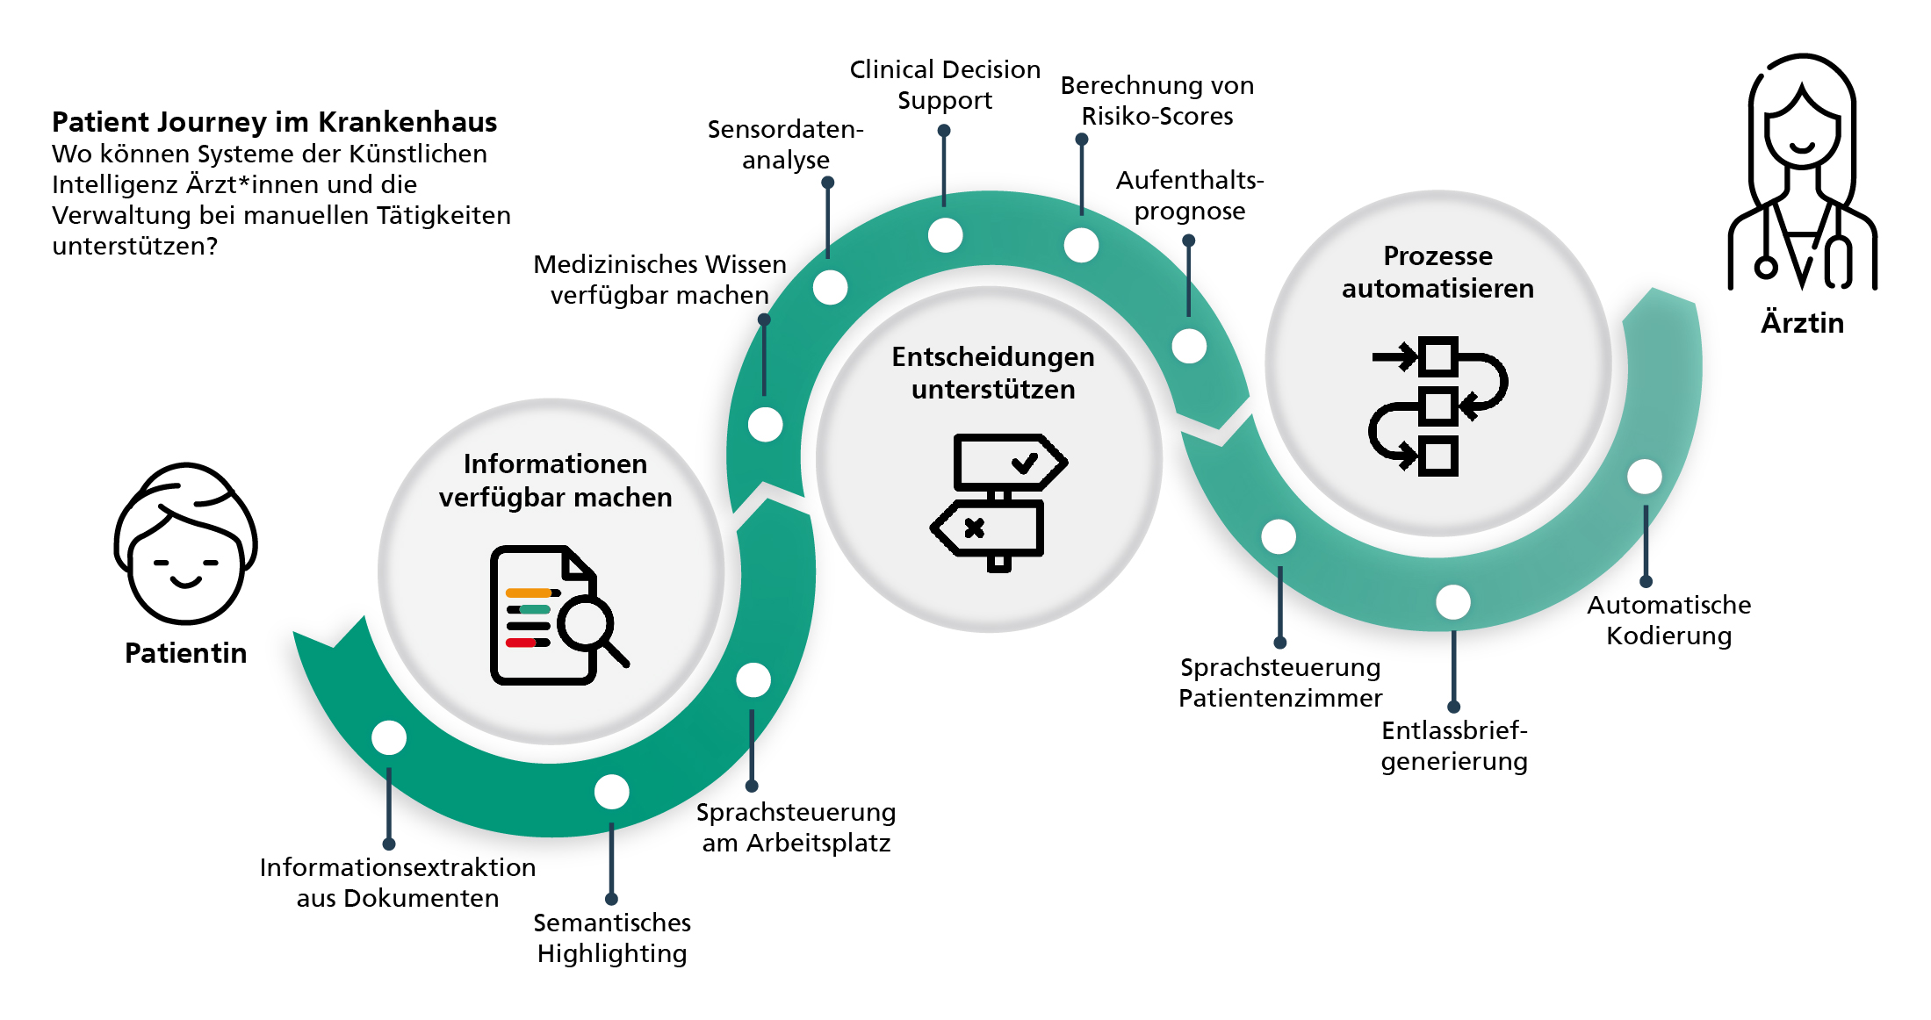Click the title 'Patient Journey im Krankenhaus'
pyautogui.click(x=274, y=122)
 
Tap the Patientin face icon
pyautogui.click(x=185, y=544)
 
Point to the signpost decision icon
pyautogui.click(x=998, y=501)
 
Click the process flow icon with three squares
pyautogui.click(x=1437, y=406)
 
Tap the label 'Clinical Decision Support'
pyautogui.click(x=945, y=85)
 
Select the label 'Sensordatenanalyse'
pyautogui.click(x=786, y=145)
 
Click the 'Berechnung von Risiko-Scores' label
pyautogui.click(x=1157, y=101)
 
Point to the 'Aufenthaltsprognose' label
pyautogui.click(x=1190, y=196)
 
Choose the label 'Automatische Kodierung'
pyautogui.click(x=1668, y=621)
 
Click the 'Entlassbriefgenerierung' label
pyautogui.click(x=1454, y=746)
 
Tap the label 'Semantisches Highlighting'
pyautogui.click(x=612, y=938)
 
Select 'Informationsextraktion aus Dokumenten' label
pyautogui.click(x=398, y=883)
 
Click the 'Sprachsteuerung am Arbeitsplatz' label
pyautogui.click(x=796, y=828)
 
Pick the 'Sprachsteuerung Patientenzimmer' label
pyautogui.click(x=1280, y=683)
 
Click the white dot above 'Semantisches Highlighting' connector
pyautogui.click(x=612, y=792)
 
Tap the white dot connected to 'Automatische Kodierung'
pyautogui.click(x=1645, y=477)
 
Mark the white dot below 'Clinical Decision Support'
pyautogui.click(x=945, y=235)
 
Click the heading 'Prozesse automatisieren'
pyautogui.click(x=1437, y=272)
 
